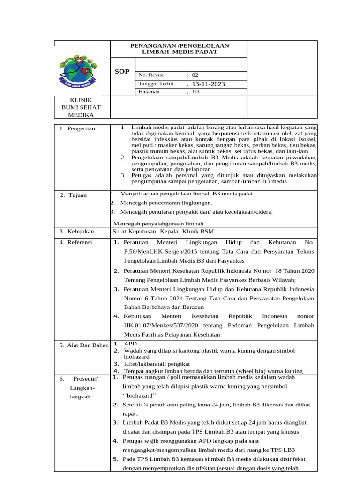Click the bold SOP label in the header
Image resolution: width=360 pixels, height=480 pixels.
(122, 72)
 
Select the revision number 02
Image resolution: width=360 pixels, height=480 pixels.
(195, 75)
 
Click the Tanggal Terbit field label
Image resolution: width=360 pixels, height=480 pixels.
(156, 84)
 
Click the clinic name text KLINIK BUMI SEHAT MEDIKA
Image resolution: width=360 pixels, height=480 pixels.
(81, 108)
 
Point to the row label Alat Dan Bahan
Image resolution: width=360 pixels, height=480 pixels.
(83, 345)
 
